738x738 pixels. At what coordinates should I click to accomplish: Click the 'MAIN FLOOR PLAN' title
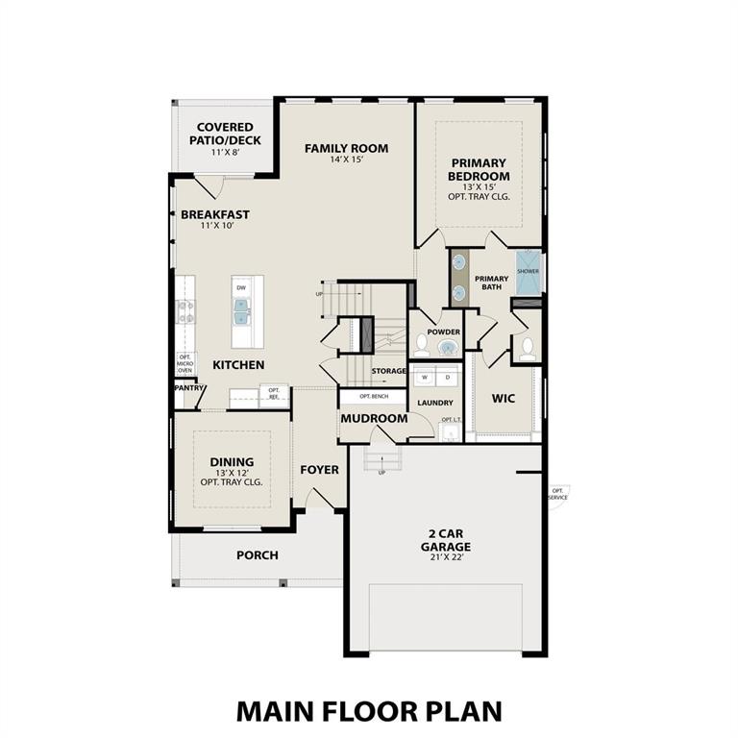point(369,711)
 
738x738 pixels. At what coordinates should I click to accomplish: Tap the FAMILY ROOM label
point(346,148)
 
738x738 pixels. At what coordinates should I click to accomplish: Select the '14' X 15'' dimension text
point(346,160)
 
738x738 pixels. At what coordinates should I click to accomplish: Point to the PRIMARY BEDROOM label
point(479,170)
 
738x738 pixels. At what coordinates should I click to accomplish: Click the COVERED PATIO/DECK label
point(225,134)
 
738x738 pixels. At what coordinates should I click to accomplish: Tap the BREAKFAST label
point(215,214)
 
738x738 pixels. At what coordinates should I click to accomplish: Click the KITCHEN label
point(238,365)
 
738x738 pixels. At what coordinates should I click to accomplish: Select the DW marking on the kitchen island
point(241,287)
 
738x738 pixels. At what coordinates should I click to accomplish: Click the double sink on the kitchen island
point(241,311)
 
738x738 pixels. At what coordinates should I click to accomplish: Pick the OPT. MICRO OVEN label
point(184,363)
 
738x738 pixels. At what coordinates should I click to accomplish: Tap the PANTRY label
point(189,388)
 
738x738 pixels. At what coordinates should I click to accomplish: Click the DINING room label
point(232,462)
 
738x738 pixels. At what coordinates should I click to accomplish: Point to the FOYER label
point(319,470)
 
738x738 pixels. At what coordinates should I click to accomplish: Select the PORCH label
point(257,555)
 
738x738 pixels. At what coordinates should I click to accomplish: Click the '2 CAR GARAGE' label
point(445,541)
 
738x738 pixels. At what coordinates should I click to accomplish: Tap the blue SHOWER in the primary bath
point(529,271)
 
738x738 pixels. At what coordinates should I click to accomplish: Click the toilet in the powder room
point(422,342)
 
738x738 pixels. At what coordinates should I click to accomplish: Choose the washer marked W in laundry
point(424,378)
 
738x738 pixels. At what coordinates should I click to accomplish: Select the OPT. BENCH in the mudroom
point(374,397)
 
